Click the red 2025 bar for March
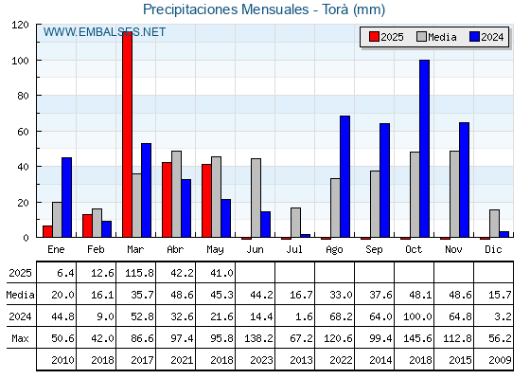click(128, 135)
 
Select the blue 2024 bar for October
click(425, 149)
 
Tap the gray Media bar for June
click(256, 198)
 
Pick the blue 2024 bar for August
click(345, 176)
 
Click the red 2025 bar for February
click(87, 226)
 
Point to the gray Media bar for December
click(494, 224)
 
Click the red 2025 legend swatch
click(374, 37)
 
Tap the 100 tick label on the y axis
click(20, 61)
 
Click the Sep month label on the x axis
click(374, 250)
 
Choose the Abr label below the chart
click(175, 250)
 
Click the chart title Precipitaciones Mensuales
click(226, 9)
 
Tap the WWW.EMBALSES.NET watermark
click(104, 32)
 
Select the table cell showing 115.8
click(139, 273)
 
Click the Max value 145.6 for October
click(417, 338)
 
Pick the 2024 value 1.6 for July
click(304, 316)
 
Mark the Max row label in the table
click(20, 338)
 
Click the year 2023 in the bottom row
click(261, 360)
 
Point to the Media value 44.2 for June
click(261, 295)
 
